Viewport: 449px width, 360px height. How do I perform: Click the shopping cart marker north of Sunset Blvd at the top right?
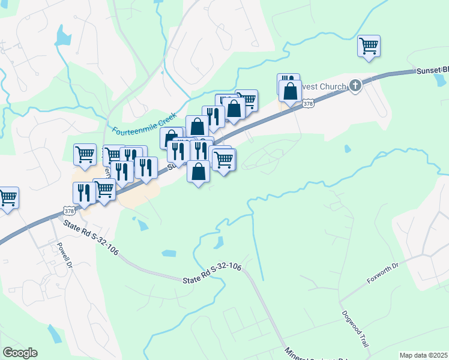point(368,46)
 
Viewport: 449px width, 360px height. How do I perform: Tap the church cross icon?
point(355,85)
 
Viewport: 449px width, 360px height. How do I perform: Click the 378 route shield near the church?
point(308,104)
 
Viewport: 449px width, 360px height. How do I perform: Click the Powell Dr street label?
point(64,255)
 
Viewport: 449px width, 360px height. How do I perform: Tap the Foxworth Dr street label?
point(382,273)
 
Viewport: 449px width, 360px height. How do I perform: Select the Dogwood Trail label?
point(355,329)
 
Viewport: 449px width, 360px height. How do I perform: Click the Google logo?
point(20,353)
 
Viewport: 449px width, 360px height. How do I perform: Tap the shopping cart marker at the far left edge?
point(7,197)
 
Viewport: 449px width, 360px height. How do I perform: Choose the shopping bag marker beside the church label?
point(291,91)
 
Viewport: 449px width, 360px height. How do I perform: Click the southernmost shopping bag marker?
point(199,172)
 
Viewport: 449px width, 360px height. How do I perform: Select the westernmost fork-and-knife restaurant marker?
point(83,193)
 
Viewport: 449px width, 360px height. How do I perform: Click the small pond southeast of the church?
point(347,148)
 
